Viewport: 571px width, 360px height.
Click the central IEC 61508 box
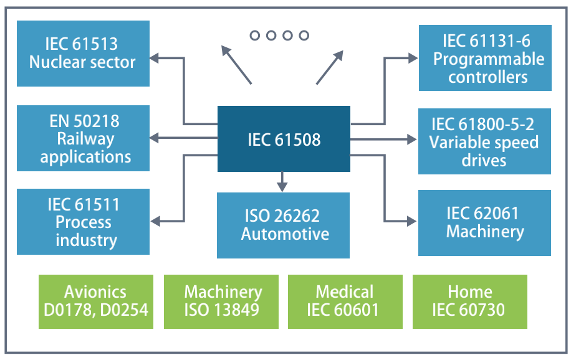tap(284, 139)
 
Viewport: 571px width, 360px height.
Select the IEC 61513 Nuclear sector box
tap(83, 54)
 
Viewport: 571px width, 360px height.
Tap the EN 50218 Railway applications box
tap(83, 138)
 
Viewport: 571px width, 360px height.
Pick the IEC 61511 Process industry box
tap(83, 221)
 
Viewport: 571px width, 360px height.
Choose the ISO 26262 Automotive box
tap(283, 225)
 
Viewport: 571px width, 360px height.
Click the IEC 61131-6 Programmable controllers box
tap(485, 58)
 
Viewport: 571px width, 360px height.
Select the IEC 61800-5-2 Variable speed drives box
tap(484, 141)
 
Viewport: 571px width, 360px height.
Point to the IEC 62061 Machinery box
tap(484, 223)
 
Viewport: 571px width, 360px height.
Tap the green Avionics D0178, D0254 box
tap(96, 301)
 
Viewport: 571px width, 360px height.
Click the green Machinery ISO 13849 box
tap(221, 301)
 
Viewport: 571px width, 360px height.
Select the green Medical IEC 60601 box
tap(345, 301)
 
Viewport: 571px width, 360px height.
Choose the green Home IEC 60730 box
tap(470, 301)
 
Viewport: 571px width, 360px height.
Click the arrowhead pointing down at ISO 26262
tap(282, 187)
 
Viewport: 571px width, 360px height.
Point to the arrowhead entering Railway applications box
tap(155, 138)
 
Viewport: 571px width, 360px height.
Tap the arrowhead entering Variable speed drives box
tap(412, 139)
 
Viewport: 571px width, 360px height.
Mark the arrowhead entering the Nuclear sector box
tap(155, 58)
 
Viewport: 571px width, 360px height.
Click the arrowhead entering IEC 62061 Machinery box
tap(412, 221)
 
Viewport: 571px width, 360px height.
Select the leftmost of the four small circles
tap(254, 36)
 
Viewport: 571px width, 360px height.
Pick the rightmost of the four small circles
tap(304, 36)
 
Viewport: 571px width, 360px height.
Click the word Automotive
tap(285, 234)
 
